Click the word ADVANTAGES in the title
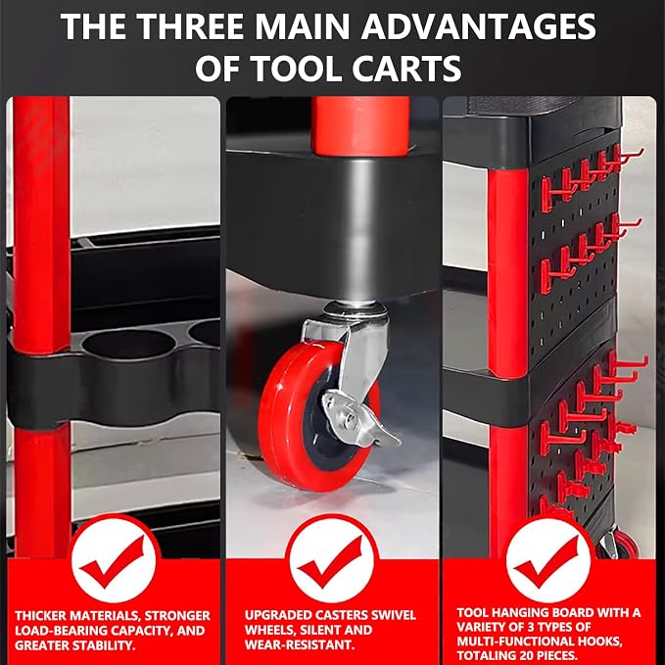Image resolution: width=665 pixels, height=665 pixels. pyautogui.click(x=478, y=26)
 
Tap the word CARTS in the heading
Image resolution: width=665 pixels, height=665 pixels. pyautogui.click(x=406, y=69)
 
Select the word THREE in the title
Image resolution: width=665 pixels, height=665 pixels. pyautogui.click(x=191, y=26)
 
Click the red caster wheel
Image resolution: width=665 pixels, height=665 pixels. pyautogui.click(x=318, y=415)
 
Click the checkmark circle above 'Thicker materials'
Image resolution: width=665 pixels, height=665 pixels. pyautogui.click(x=114, y=560)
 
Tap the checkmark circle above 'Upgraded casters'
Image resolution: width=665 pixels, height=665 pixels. pyautogui.click(x=331, y=560)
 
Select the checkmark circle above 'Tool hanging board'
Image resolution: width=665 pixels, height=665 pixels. pyautogui.click(x=547, y=560)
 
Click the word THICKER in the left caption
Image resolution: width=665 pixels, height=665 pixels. pyautogui.click(x=41, y=616)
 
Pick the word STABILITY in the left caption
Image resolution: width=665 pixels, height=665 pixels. pyautogui.click(x=103, y=645)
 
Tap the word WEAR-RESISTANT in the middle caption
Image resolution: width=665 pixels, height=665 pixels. pyautogui.click(x=299, y=644)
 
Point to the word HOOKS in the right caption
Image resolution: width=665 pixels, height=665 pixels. pyautogui.click(x=599, y=640)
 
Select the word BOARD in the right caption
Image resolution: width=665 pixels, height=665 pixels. pyautogui.click(x=571, y=612)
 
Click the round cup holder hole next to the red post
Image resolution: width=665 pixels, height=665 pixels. pyautogui.click(x=128, y=344)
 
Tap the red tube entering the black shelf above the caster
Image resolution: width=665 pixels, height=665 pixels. pyautogui.click(x=360, y=125)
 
